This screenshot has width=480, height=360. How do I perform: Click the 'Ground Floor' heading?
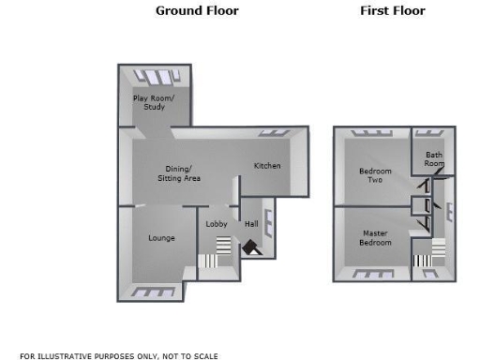197,11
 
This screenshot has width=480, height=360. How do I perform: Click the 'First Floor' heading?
393,11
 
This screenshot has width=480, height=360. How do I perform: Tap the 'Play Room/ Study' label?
154,102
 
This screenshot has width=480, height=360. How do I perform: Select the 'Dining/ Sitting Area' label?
178,173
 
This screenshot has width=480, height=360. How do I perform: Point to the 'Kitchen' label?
267,166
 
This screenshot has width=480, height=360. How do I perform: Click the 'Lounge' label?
161,238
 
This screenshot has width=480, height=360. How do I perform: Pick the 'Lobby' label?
217,224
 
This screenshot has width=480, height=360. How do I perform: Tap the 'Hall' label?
251,224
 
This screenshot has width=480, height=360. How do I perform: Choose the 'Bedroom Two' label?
376,174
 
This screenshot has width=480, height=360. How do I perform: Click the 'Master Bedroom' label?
375,238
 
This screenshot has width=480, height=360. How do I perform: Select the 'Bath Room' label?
434,158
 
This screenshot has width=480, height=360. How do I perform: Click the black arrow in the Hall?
251,247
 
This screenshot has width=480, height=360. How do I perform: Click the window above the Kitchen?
274,133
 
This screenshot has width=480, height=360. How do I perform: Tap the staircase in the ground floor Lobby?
220,248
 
